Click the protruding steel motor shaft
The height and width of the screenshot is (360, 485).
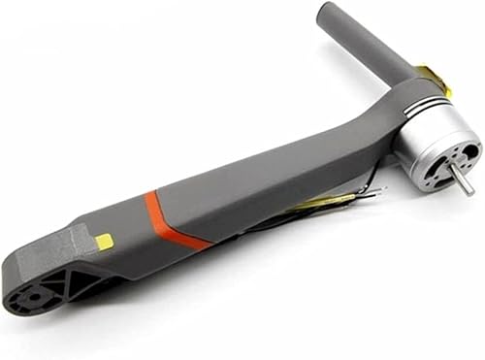pos(464,180)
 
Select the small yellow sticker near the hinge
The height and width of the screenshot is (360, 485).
pos(104,241)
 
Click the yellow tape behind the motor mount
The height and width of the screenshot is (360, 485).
pos(434,78)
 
